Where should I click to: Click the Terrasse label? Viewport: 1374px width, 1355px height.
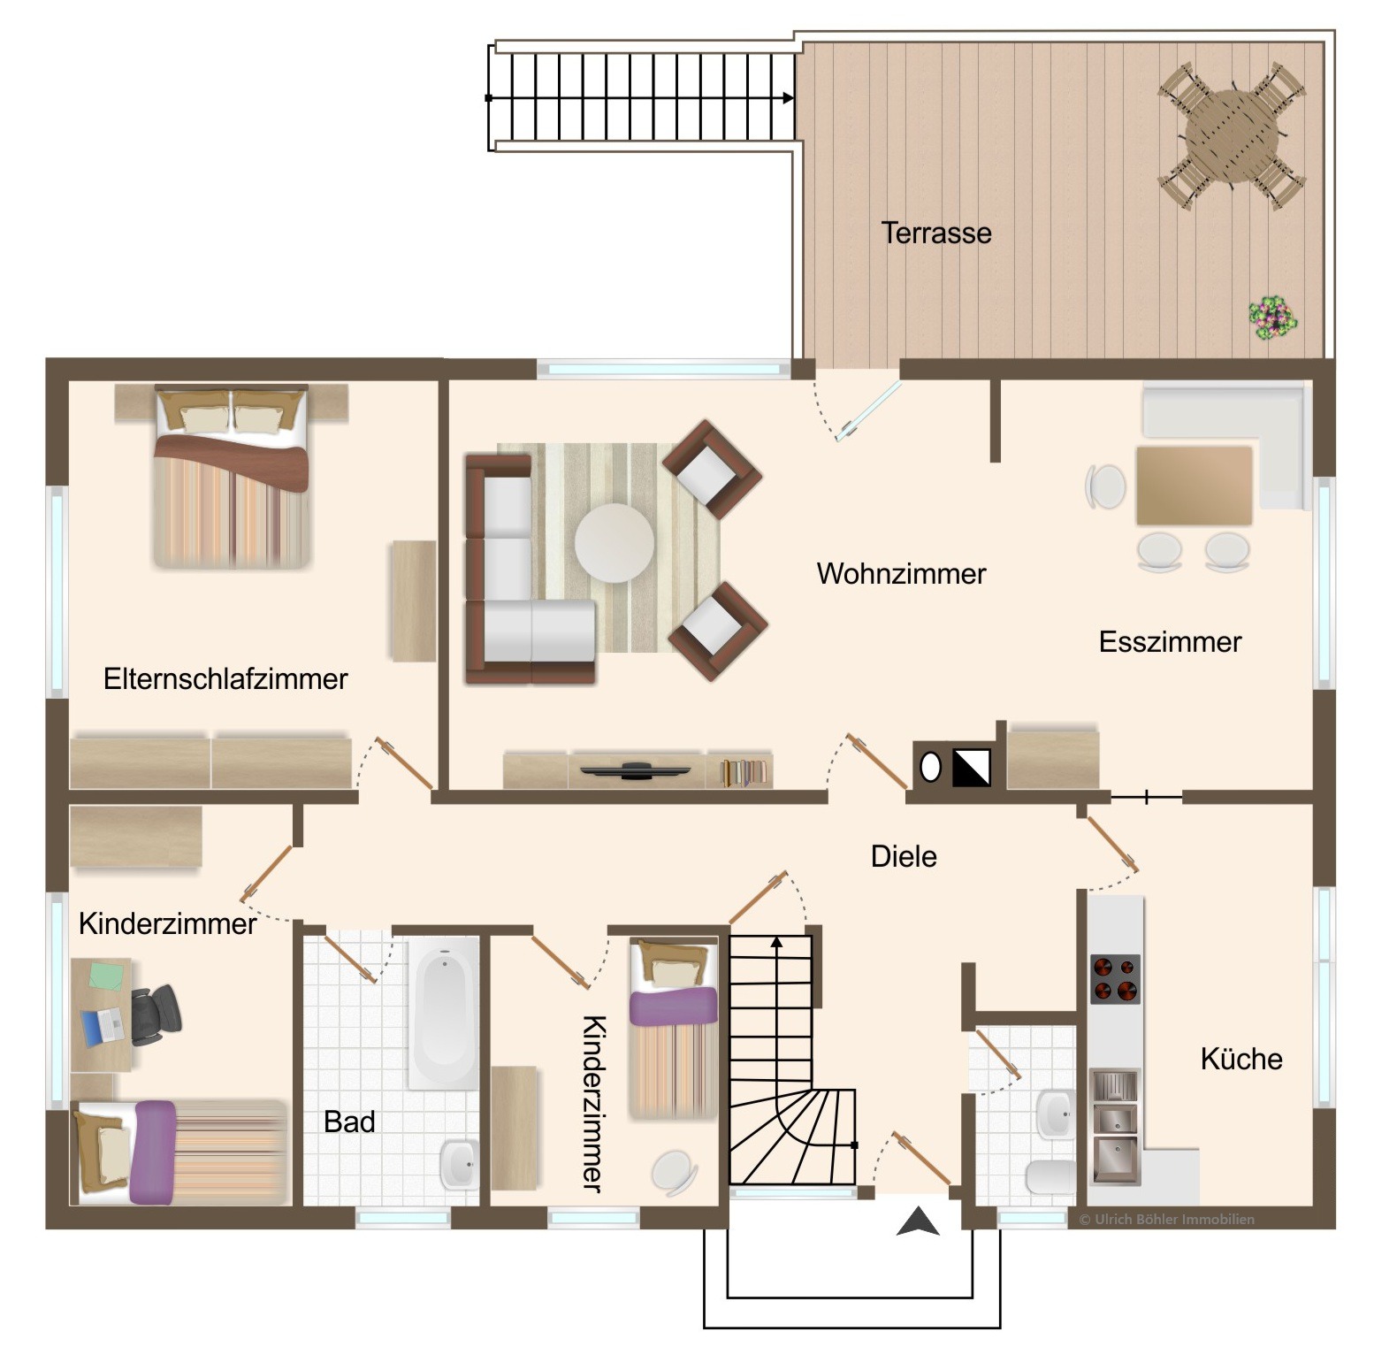[936, 233]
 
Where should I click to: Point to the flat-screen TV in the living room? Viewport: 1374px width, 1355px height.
[636, 770]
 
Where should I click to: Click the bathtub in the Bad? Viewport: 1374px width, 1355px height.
[443, 1013]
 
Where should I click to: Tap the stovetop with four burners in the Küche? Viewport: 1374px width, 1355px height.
[1115, 978]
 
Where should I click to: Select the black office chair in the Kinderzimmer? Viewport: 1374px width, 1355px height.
[155, 1013]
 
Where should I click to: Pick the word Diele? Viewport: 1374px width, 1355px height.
[904, 856]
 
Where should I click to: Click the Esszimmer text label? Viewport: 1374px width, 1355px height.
[1170, 641]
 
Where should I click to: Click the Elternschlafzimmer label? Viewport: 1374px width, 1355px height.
[225, 678]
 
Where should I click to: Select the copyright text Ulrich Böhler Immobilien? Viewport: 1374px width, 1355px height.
[1167, 1219]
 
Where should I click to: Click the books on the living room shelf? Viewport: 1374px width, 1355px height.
[744, 772]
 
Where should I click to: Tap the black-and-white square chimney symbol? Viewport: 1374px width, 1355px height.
[971, 767]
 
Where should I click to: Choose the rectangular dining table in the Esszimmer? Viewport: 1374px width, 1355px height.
[1194, 486]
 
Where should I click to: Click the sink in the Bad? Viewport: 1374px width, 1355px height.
[459, 1164]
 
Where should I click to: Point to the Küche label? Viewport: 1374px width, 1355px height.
[1241, 1059]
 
